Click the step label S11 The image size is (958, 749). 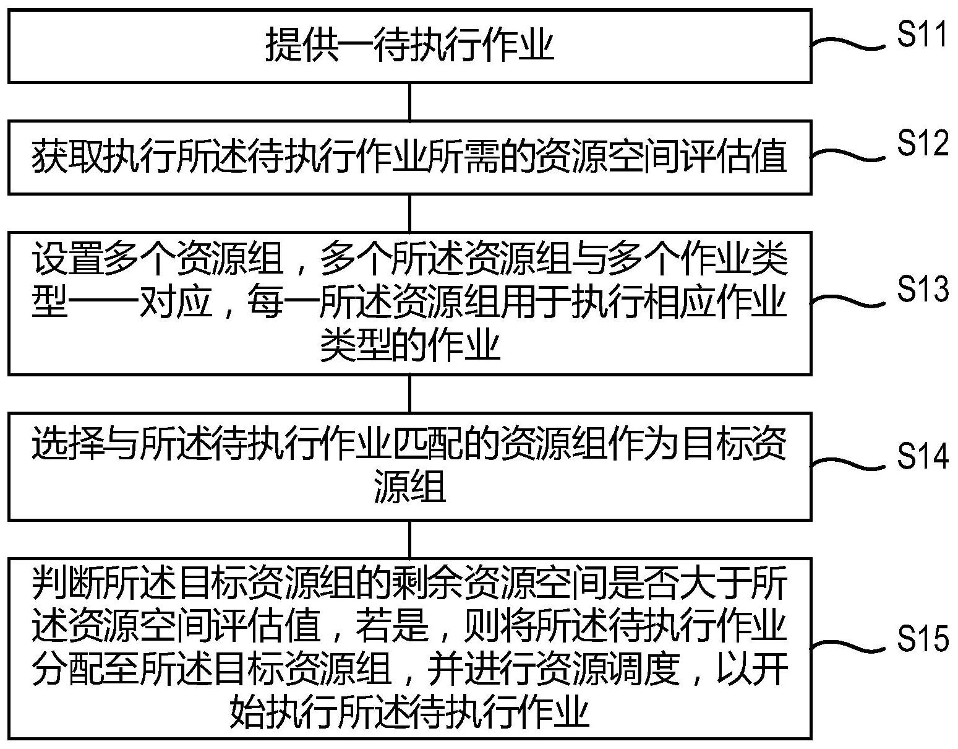click(x=922, y=36)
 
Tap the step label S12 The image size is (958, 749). click(x=922, y=144)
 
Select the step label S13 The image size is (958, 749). click(x=922, y=288)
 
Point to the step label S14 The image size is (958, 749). click(x=922, y=456)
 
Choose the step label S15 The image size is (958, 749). click(x=922, y=638)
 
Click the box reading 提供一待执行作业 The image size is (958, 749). click(x=409, y=46)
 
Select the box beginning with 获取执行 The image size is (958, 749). click(x=409, y=157)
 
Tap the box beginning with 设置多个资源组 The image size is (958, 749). click(x=409, y=303)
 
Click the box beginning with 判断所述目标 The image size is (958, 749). click(x=409, y=648)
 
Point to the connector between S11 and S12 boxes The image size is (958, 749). click(x=409, y=102)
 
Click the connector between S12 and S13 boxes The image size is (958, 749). click(x=409, y=213)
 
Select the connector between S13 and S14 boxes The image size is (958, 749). click(x=409, y=394)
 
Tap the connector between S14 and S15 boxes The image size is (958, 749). click(x=409, y=539)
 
